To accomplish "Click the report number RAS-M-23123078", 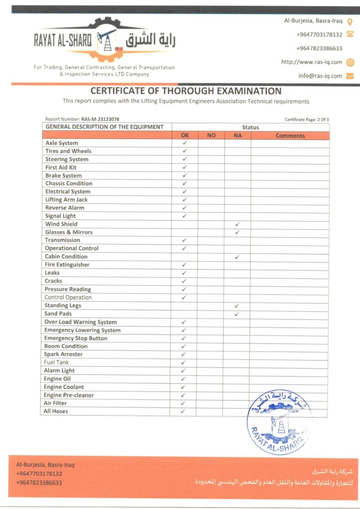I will point(100,119).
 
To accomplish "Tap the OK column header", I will point(184,135).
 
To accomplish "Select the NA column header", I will point(237,135).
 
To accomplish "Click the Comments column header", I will point(290,135).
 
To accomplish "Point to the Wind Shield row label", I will point(61,224).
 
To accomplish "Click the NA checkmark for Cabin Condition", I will point(237,257).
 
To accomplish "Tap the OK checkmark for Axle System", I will point(184,143).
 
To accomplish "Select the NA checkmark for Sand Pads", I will point(237,314).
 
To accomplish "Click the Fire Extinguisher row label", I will point(67,265).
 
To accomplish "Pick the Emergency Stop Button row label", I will point(76,339).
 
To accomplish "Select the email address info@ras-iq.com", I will point(320,76).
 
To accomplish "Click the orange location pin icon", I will point(350,22).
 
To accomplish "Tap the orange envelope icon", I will point(350,76).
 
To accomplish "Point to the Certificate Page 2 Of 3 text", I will point(307,119).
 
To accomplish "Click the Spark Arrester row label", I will point(64,354).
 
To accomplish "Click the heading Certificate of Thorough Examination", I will point(186,91).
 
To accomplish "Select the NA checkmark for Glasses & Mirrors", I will point(237,233).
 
